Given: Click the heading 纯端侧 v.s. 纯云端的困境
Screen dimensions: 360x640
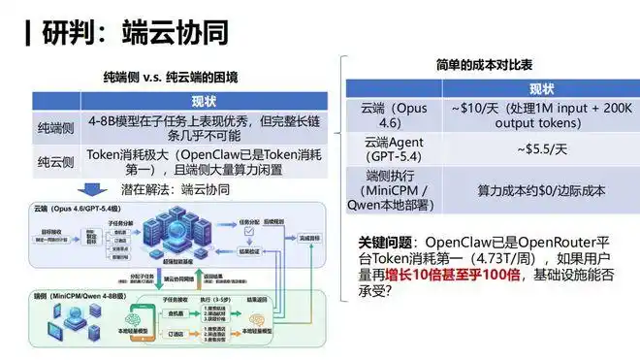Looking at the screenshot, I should click(x=171, y=77).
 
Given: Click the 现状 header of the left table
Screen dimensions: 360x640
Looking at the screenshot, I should click(x=203, y=101).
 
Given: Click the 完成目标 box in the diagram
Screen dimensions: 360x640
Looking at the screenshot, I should click(x=310, y=238).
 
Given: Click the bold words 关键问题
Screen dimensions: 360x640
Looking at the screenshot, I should click(x=384, y=241).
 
